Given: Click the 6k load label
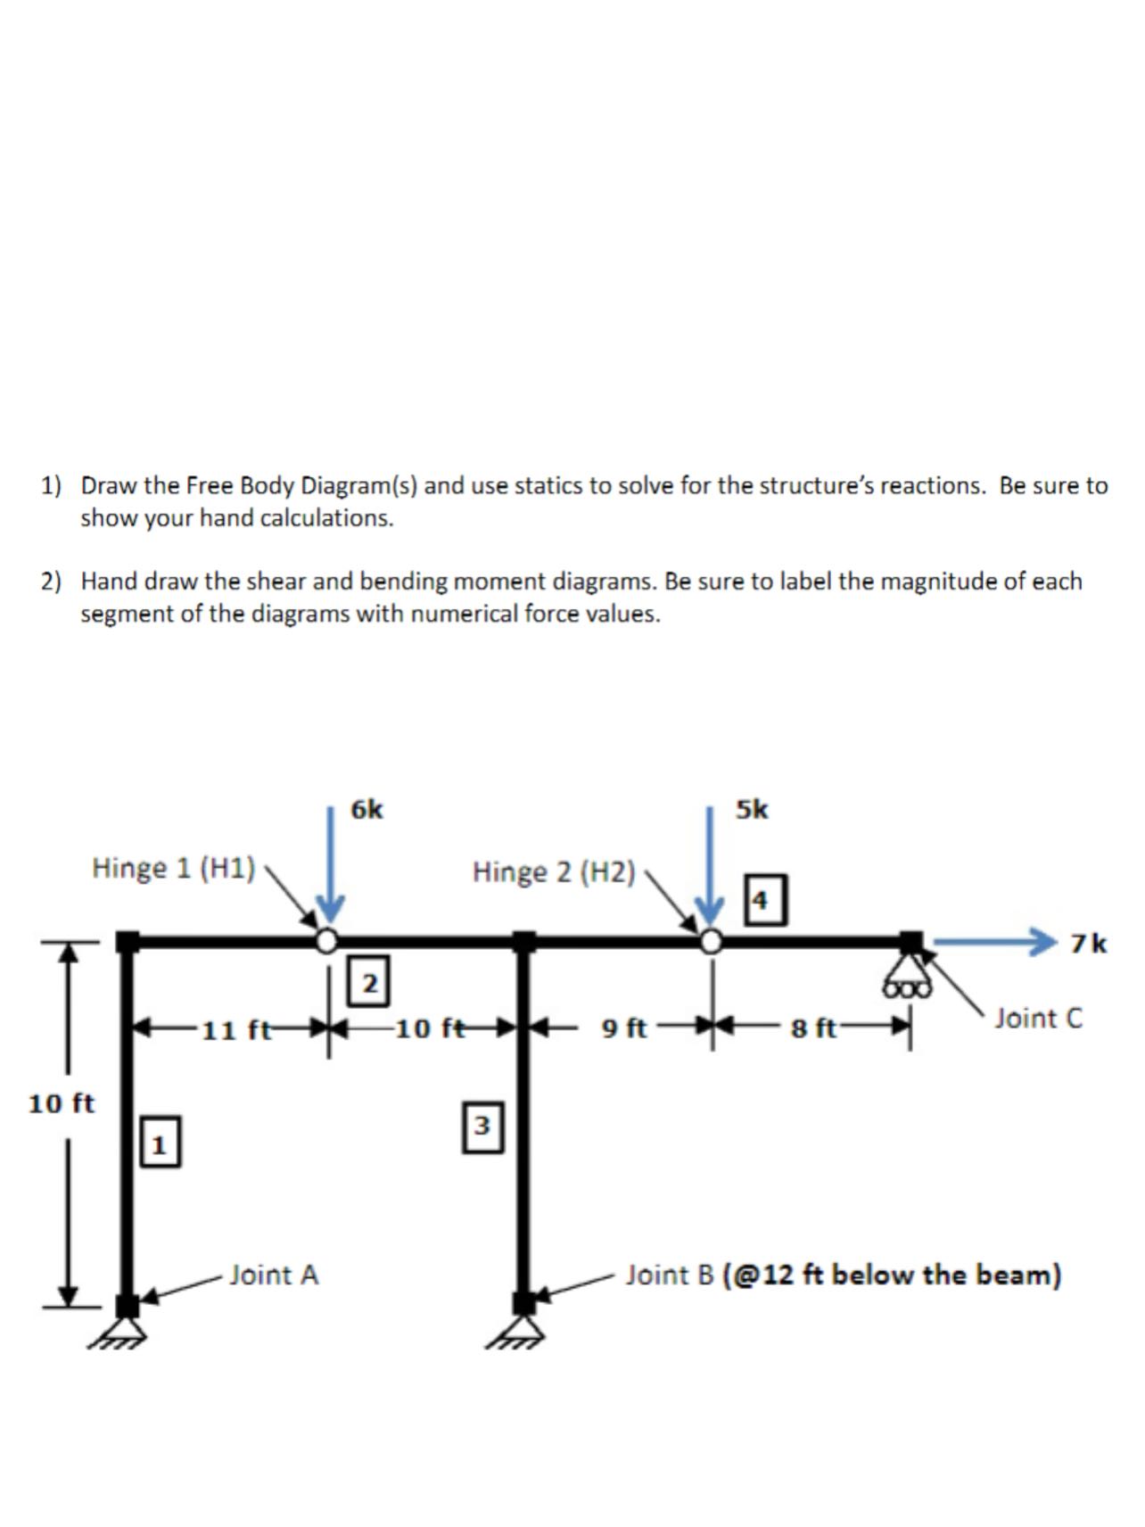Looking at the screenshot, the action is [367, 809].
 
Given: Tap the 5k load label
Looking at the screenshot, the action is [752, 809].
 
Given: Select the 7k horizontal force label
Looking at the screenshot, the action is [1089, 943].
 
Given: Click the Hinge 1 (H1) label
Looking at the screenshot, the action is [174, 867].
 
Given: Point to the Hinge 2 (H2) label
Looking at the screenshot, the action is [554, 871].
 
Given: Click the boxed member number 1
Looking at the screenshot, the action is [160, 1141].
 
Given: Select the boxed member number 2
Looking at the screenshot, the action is [369, 980].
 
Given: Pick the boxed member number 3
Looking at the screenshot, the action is [482, 1126].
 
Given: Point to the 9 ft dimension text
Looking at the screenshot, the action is [624, 1028].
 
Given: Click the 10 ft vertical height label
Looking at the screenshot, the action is [61, 1103].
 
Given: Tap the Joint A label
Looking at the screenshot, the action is [274, 1275].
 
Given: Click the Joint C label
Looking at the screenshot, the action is [1038, 1018].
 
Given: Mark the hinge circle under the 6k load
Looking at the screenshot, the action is [328, 940].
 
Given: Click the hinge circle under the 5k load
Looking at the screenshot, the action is [711, 941].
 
